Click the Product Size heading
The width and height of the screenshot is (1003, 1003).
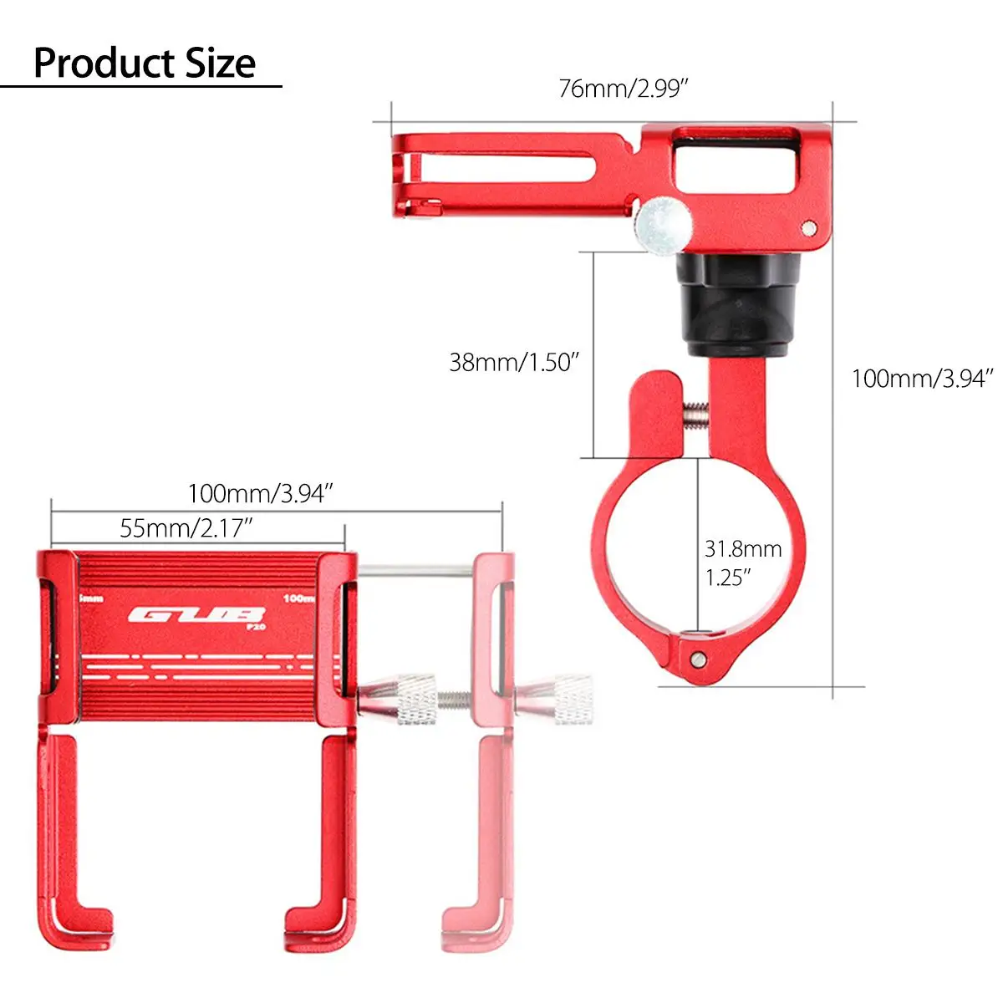[145, 64]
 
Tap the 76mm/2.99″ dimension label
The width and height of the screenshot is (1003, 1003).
[624, 89]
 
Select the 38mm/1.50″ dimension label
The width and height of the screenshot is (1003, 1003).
[514, 362]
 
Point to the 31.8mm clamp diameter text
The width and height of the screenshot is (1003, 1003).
[743, 549]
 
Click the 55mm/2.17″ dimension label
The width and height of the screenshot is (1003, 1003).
[186, 528]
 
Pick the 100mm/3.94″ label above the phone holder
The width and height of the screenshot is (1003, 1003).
[260, 493]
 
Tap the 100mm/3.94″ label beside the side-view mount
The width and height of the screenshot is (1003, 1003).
[922, 379]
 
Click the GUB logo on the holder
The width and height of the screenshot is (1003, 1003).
[197, 615]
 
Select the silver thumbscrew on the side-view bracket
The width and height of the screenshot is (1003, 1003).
[663, 226]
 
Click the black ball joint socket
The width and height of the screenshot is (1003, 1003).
[738, 304]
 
